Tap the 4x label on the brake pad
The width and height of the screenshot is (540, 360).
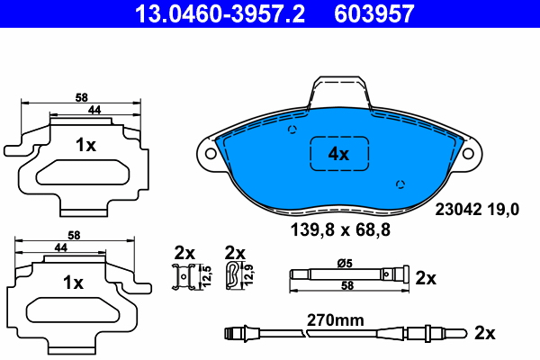[338, 154]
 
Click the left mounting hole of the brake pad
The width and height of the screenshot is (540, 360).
[211, 153]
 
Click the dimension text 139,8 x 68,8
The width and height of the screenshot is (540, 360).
[338, 230]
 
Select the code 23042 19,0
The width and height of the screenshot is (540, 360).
[477, 210]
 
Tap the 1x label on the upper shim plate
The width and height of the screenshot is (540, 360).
[85, 144]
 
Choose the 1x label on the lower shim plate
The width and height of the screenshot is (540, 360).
[73, 283]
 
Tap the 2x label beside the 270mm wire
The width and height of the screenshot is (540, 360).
[485, 333]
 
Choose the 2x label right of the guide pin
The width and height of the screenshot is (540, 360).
[427, 279]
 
